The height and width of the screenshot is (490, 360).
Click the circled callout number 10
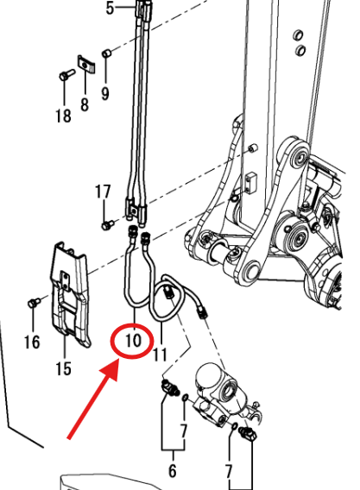coord(133,340)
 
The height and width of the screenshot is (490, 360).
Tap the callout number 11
coord(160,355)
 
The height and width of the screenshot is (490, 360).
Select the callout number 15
coord(64,368)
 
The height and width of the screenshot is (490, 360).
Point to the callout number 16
coord(32,342)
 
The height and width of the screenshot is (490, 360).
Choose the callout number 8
coord(85,104)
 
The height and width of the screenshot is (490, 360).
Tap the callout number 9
coord(105,93)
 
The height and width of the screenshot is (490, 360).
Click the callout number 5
coord(110,8)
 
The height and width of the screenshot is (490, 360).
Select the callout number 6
coord(173,471)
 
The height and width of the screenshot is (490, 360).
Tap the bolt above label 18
coord(66,75)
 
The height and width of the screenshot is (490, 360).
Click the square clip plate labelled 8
coord(86,64)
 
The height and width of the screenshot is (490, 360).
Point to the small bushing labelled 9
coord(107,53)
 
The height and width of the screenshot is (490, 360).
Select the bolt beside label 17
coord(108,224)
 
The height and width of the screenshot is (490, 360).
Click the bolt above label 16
coord(34,302)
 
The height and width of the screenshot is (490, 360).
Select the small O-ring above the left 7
coord(185,398)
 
